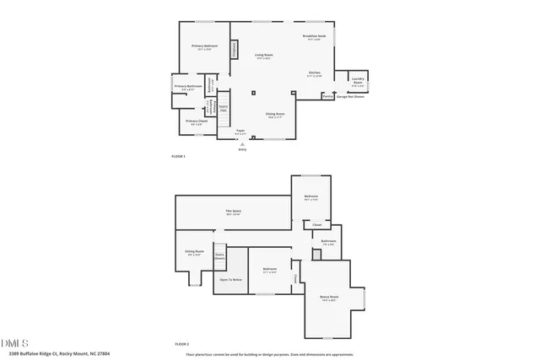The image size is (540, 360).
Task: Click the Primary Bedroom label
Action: [x=205, y=46]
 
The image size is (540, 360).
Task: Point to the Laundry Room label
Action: [x=358, y=82]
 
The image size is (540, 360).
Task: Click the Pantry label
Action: [x=327, y=96]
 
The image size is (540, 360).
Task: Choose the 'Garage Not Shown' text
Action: [x=350, y=96]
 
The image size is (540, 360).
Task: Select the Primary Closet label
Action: [x=196, y=122]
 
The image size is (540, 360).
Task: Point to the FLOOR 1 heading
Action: [x=178, y=156]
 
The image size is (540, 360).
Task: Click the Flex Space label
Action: [x=233, y=212]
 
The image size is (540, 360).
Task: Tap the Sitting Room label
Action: [x=194, y=253]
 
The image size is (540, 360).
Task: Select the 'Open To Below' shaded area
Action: [x=231, y=279]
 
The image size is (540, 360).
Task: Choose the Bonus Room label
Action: [x=329, y=298]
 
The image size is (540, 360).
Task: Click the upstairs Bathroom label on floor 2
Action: [x=329, y=242]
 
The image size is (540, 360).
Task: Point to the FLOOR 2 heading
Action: [x=181, y=344]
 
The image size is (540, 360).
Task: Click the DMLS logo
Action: [x=15, y=342]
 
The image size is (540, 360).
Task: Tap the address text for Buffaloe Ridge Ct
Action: [x=56, y=354]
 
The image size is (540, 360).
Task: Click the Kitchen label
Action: [x=315, y=74]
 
